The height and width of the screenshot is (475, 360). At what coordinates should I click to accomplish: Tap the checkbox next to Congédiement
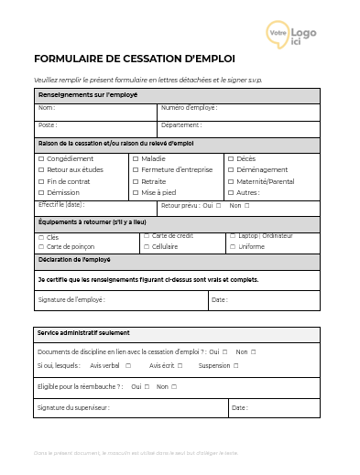click(40, 158)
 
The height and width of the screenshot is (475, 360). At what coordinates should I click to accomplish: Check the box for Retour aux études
click(40, 170)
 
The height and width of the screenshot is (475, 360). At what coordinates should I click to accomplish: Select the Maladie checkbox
click(136, 158)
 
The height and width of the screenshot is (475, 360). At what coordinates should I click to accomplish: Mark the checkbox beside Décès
click(230, 158)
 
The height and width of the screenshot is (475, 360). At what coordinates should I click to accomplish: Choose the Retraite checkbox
click(136, 181)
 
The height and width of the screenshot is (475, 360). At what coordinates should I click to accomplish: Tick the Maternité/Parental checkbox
click(230, 181)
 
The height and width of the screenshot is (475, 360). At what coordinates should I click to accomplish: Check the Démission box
click(40, 193)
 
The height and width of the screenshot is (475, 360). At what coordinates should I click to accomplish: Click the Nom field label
click(46, 108)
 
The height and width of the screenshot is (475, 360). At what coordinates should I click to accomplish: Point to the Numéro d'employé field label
click(189, 108)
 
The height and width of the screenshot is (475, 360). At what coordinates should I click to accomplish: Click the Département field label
click(181, 124)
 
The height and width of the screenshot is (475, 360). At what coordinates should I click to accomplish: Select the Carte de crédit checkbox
click(146, 236)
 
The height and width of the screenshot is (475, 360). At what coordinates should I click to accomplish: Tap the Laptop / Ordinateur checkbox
click(231, 236)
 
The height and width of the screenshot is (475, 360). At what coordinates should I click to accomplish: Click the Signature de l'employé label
click(71, 299)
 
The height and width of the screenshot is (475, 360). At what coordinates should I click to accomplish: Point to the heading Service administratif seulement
click(83, 333)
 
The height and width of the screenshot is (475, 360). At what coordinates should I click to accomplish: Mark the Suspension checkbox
click(235, 366)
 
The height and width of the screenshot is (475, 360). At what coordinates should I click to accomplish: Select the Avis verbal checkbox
click(127, 366)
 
